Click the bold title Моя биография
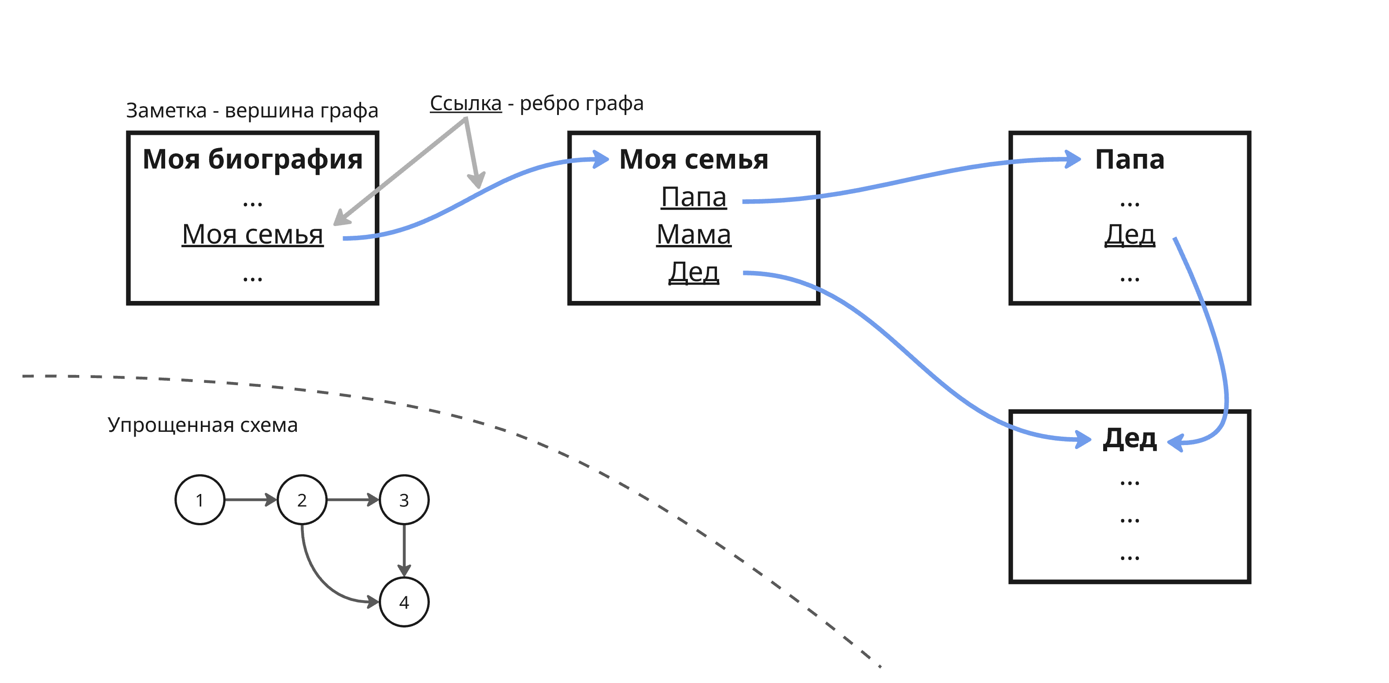tap(252, 159)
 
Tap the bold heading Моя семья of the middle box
tap(694, 159)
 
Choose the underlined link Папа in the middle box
tap(694, 197)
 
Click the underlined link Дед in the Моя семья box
tap(694, 272)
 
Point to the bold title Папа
tap(1130, 159)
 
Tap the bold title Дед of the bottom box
tap(1130, 438)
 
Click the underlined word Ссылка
tap(465, 103)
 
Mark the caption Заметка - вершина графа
tap(252, 110)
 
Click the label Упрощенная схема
tap(202, 425)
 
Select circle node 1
tap(199, 500)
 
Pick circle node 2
tap(302, 500)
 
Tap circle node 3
tap(404, 500)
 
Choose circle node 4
tap(404, 601)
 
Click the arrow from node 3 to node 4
tap(404, 550)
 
